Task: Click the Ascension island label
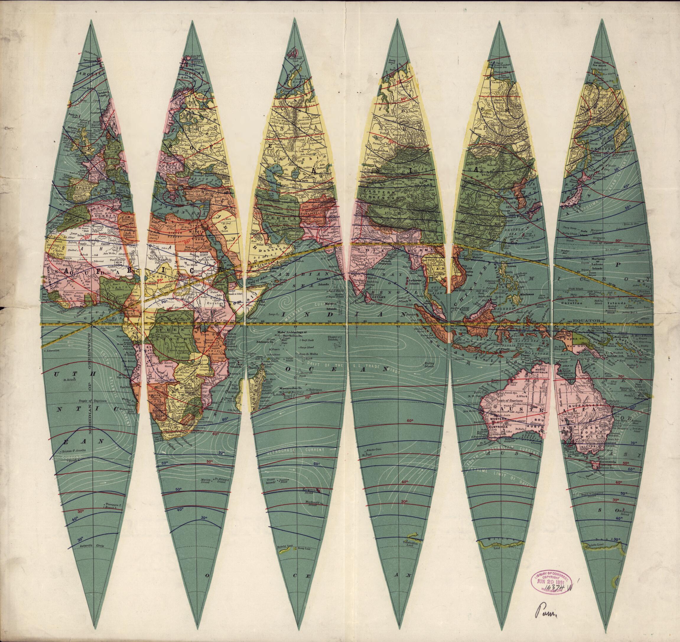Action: tap(51, 351)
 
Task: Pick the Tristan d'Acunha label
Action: tap(74, 451)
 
